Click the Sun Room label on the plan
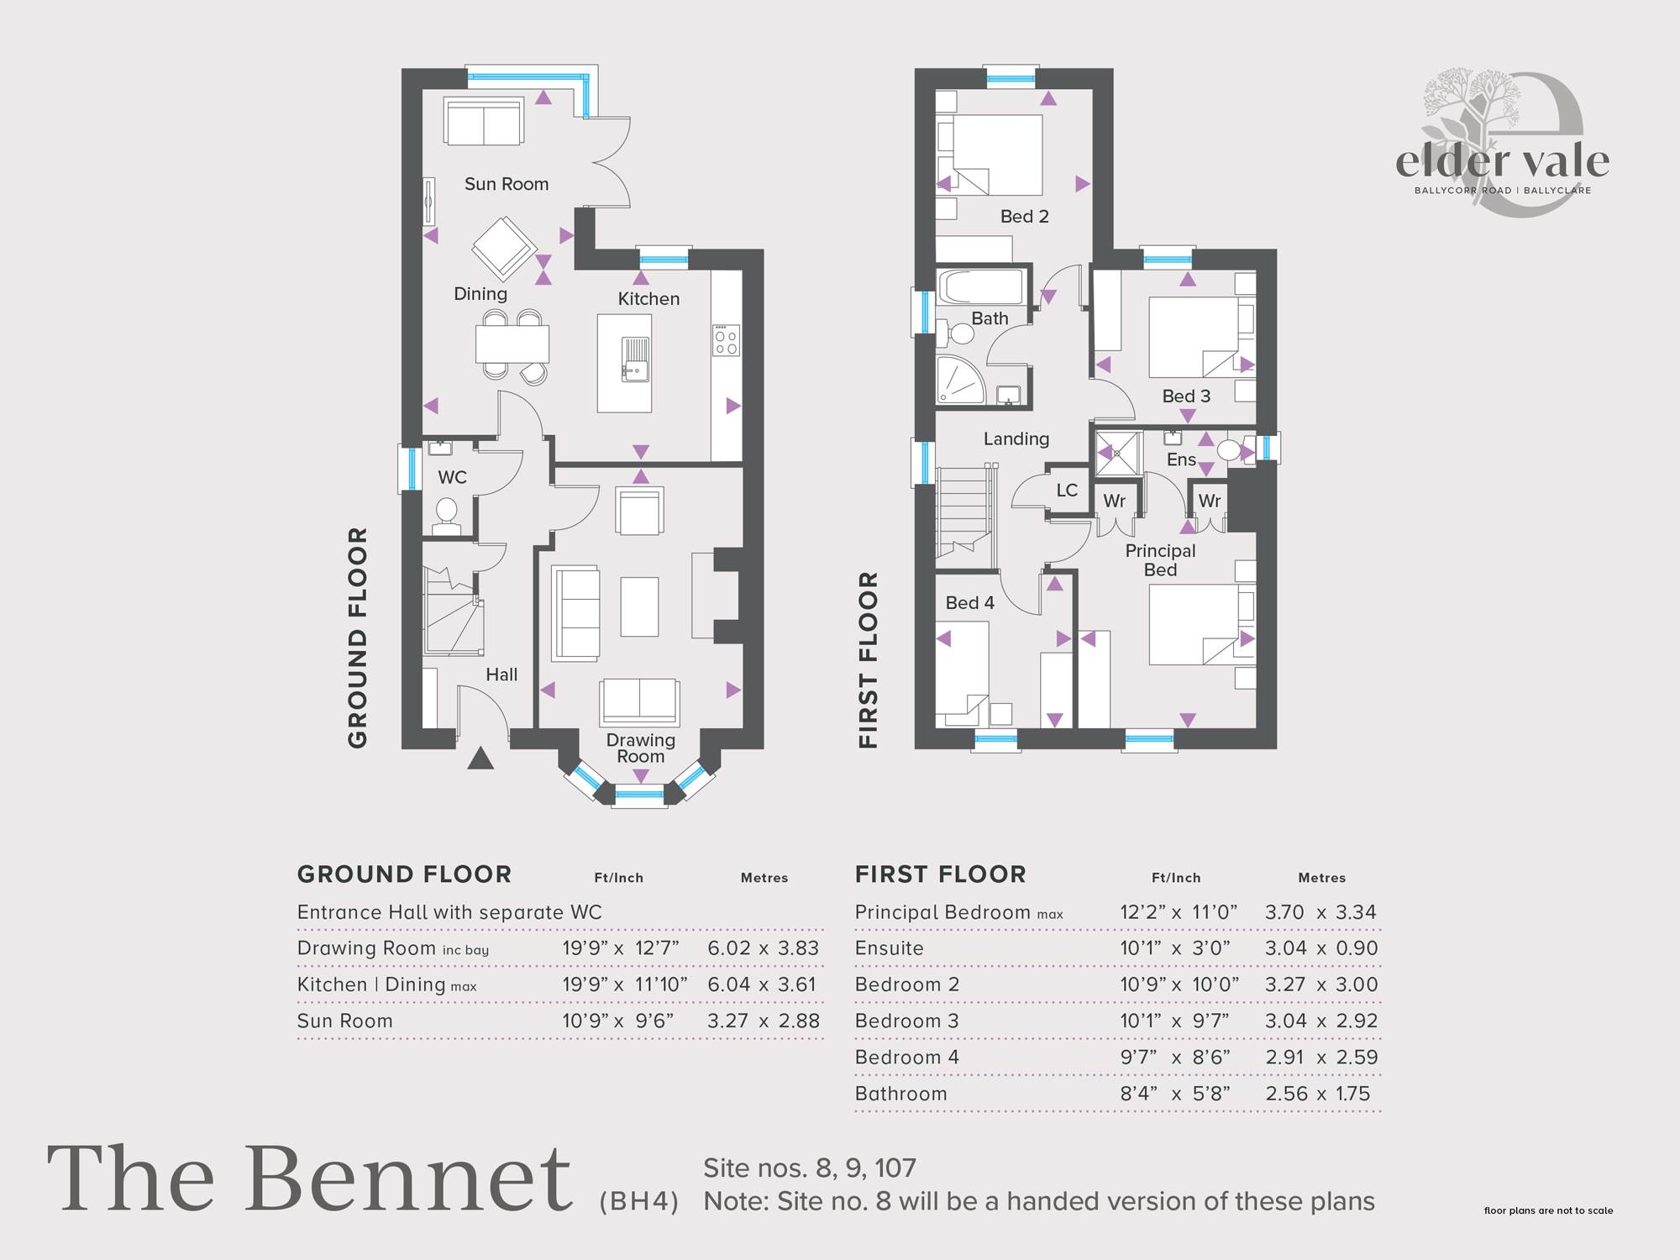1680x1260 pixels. point(507,184)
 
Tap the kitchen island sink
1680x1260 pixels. point(636,360)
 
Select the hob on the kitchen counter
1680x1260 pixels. point(727,340)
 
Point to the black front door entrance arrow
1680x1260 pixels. point(480,759)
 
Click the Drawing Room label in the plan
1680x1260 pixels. point(641,748)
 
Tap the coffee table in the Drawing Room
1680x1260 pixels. point(639,606)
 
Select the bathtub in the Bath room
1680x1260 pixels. point(981,287)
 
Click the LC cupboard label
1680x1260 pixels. point(1067,491)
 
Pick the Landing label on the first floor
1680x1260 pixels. point(1016,438)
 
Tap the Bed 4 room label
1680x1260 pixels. point(969,603)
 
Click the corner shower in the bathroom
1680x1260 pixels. point(961,380)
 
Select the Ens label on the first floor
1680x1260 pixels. point(1181,459)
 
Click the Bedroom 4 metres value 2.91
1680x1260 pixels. point(1285,1058)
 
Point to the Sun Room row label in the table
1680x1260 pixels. point(344,1021)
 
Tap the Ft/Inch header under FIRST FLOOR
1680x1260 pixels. point(1176,878)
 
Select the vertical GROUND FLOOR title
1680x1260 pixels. point(358,638)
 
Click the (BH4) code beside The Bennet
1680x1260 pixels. point(639,1202)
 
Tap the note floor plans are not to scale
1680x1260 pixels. point(1548,1210)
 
